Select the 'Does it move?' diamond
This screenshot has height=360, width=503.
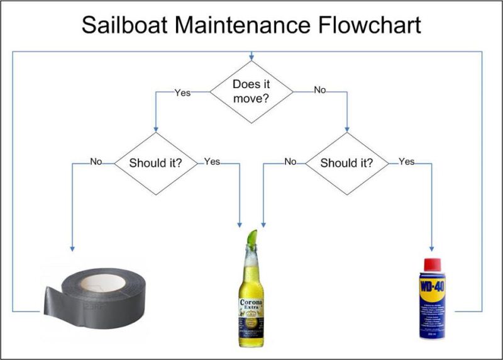pyautogui.click(x=251, y=92)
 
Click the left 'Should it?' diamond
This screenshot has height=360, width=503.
pyautogui.click(x=155, y=163)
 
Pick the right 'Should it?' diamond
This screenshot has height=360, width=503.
pyautogui.click(x=346, y=163)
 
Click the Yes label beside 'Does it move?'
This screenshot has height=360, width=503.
pyautogui.click(x=182, y=92)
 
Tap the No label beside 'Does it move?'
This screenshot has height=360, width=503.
pyautogui.click(x=320, y=91)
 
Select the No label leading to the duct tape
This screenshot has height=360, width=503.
pyautogui.click(x=96, y=162)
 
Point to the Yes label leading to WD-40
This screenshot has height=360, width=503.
pyautogui.click(x=407, y=162)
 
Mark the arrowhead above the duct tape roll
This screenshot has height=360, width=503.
pyautogui.click(x=73, y=249)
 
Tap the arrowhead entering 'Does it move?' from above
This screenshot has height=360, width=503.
pyautogui.click(x=251, y=57)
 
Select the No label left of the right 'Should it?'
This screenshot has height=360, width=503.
pyautogui.click(x=290, y=162)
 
